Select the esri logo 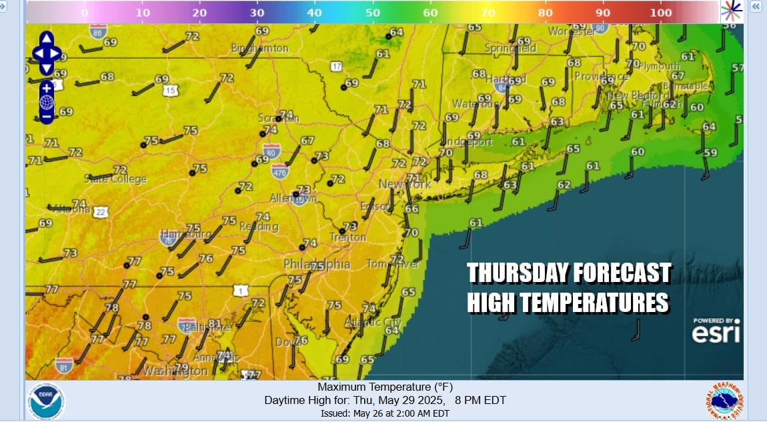pyautogui.click(x=716, y=331)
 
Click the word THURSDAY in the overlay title pyautogui.click(x=517, y=273)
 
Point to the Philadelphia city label pyautogui.click(x=317, y=265)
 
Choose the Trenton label pyautogui.click(x=347, y=237)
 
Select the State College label pyautogui.click(x=115, y=179)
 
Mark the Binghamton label pyautogui.click(x=260, y=49)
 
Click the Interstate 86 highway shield pyautogui.click(x=98, y=31)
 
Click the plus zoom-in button pyautogui.click(x=46, y=87)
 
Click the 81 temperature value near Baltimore pyautogui.click(x=215, y=323)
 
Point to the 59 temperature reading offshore pyautogui.click(x=711, y=153)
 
